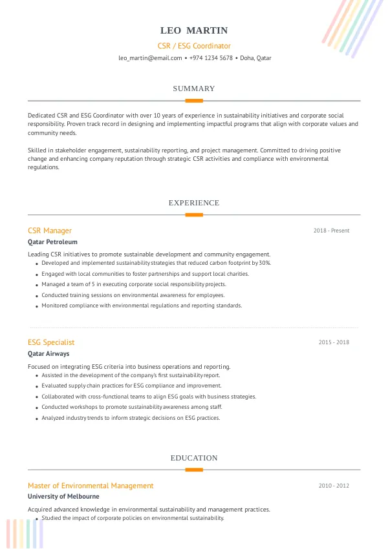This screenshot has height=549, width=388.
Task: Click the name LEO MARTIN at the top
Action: [194, 31]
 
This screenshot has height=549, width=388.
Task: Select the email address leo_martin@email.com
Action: [150, 58]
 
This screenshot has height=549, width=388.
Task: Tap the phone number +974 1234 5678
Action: [211, 58]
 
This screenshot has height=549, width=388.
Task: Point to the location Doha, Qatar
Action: [255, 58]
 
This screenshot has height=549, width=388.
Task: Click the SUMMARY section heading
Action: [194, 88]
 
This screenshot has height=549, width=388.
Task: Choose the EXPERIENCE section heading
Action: [194, 203]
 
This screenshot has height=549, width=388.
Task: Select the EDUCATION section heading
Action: [194, 458]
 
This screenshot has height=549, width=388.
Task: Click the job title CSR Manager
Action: [50, 231]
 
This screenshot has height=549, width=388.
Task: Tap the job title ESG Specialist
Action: [51, 342]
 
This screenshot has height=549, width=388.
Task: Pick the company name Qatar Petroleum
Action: [52, 242]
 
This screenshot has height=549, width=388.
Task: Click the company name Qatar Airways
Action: [48, 354]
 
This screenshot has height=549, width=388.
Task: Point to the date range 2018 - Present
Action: [331, 231]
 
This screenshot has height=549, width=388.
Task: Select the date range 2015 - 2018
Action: [334, 342]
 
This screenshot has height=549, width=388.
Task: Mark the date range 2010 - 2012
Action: [334, 486]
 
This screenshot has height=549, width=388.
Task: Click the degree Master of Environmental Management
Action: [91, 486]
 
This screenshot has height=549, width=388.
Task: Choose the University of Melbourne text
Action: [63, 497]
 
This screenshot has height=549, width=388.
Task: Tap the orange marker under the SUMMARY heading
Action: [194, 101]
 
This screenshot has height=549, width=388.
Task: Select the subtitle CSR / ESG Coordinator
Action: [194, 46]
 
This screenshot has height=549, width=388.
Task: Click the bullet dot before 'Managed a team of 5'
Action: [36, 285]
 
